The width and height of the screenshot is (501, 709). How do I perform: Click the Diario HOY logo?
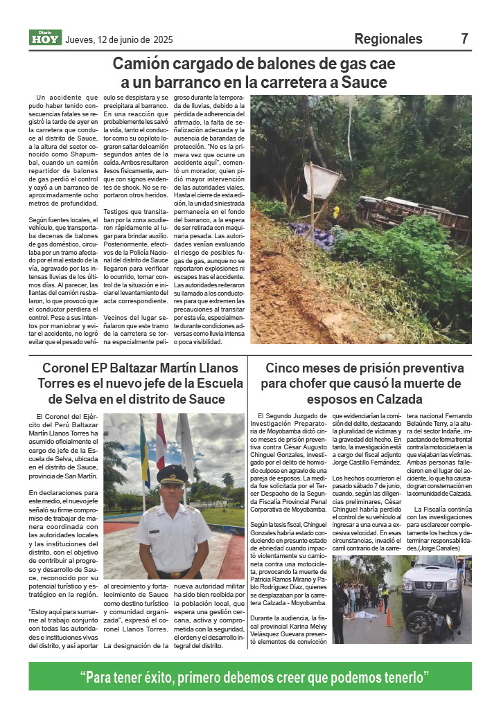tap(45, 39)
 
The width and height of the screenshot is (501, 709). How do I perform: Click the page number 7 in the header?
tap(464, 39)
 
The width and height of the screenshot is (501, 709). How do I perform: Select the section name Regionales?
tap(388, 39)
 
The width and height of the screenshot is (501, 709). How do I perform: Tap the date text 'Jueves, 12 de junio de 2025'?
tap(118, 39)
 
